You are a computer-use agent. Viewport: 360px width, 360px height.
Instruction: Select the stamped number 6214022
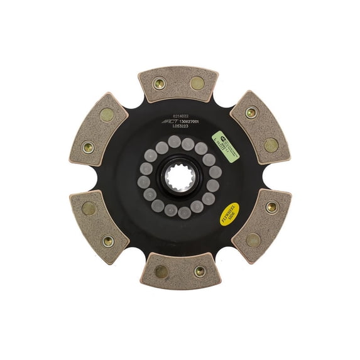click(172, 115)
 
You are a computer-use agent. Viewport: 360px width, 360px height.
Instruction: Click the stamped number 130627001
click(188, 121)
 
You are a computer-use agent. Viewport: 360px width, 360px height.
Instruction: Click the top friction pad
click(178, 84)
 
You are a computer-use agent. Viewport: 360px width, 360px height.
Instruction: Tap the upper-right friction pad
click(260, 128)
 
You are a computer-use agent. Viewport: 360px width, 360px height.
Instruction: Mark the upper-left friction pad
click(99, 129)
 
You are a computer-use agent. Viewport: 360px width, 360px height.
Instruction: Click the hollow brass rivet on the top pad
click(159, 82)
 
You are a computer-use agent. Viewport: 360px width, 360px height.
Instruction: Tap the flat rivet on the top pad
click(197, 82)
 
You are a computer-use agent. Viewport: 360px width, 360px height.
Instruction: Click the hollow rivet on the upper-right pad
click(251, 113)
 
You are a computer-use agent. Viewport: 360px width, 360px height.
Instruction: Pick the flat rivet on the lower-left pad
click(89, 209)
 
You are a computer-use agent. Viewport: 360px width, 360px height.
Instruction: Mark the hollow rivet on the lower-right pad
click(271, 207)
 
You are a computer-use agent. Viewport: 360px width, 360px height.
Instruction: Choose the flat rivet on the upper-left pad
click(107, 114)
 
